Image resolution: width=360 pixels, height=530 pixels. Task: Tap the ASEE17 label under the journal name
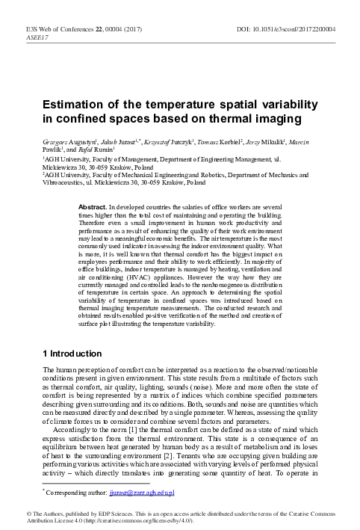(36, 36)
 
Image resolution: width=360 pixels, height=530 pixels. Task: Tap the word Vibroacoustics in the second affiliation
(68, 182)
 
